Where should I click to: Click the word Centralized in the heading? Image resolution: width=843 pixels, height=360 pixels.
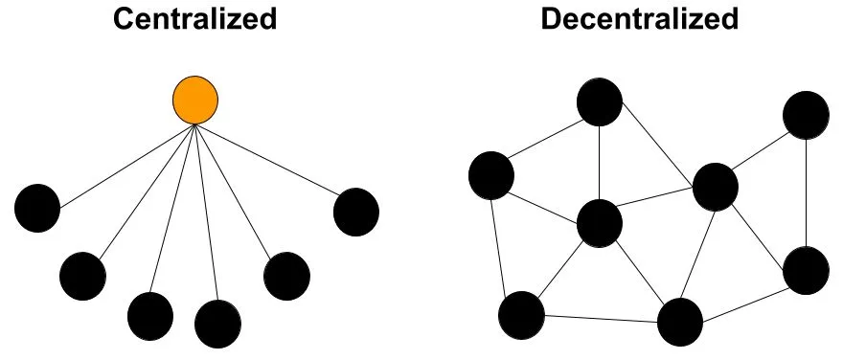[194, 19]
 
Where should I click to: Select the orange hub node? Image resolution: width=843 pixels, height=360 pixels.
[195, 100]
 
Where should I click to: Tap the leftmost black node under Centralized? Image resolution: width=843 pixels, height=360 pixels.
[37, 208]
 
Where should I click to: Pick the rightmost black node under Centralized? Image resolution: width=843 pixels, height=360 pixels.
[356, 212]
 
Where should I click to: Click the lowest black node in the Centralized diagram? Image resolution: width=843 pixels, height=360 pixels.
[219, 325]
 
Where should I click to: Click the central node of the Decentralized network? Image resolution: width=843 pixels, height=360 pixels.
[600, 223]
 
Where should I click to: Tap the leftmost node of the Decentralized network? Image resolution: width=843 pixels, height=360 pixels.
[491, 174]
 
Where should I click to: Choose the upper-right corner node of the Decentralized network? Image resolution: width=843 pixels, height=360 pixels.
[806, 116]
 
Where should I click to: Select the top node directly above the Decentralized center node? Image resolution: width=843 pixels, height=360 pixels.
[600, 102]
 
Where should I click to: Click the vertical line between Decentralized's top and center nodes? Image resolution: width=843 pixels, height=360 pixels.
[600, 163]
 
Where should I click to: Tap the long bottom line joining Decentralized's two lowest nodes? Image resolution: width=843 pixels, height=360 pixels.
[601, 317]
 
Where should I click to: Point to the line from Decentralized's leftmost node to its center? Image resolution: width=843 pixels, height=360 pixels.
[544, 198]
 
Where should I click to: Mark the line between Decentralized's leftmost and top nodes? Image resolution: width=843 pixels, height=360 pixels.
[544, 140]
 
